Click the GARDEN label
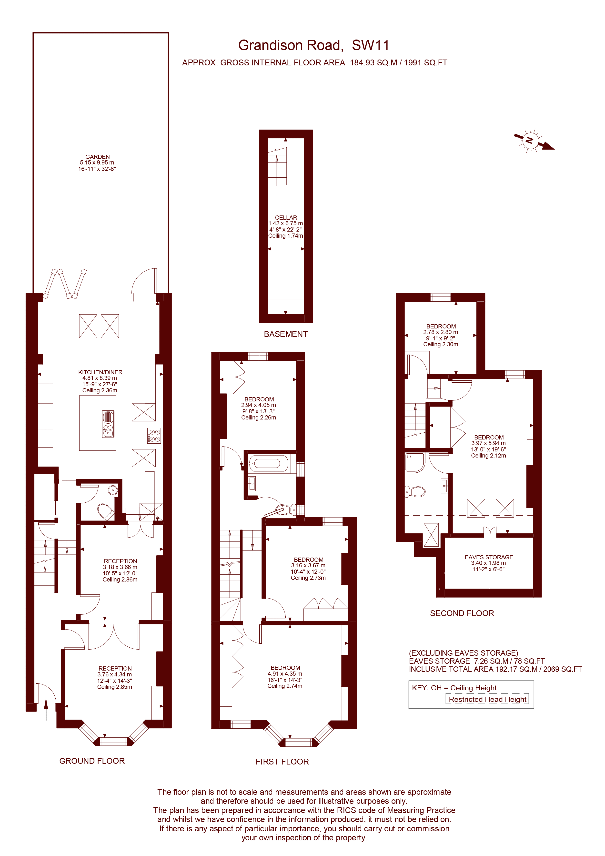tap(97, 157)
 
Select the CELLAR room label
tap(286, 217)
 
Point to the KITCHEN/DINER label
tap(100, 372)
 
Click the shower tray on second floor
tap(414, 462)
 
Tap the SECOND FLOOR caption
tap(462, 613)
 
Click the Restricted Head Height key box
tap(487, 699)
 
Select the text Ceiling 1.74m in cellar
tap(285, 236)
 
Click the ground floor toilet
tap(105, 511)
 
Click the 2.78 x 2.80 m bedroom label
tap(440, 332)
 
